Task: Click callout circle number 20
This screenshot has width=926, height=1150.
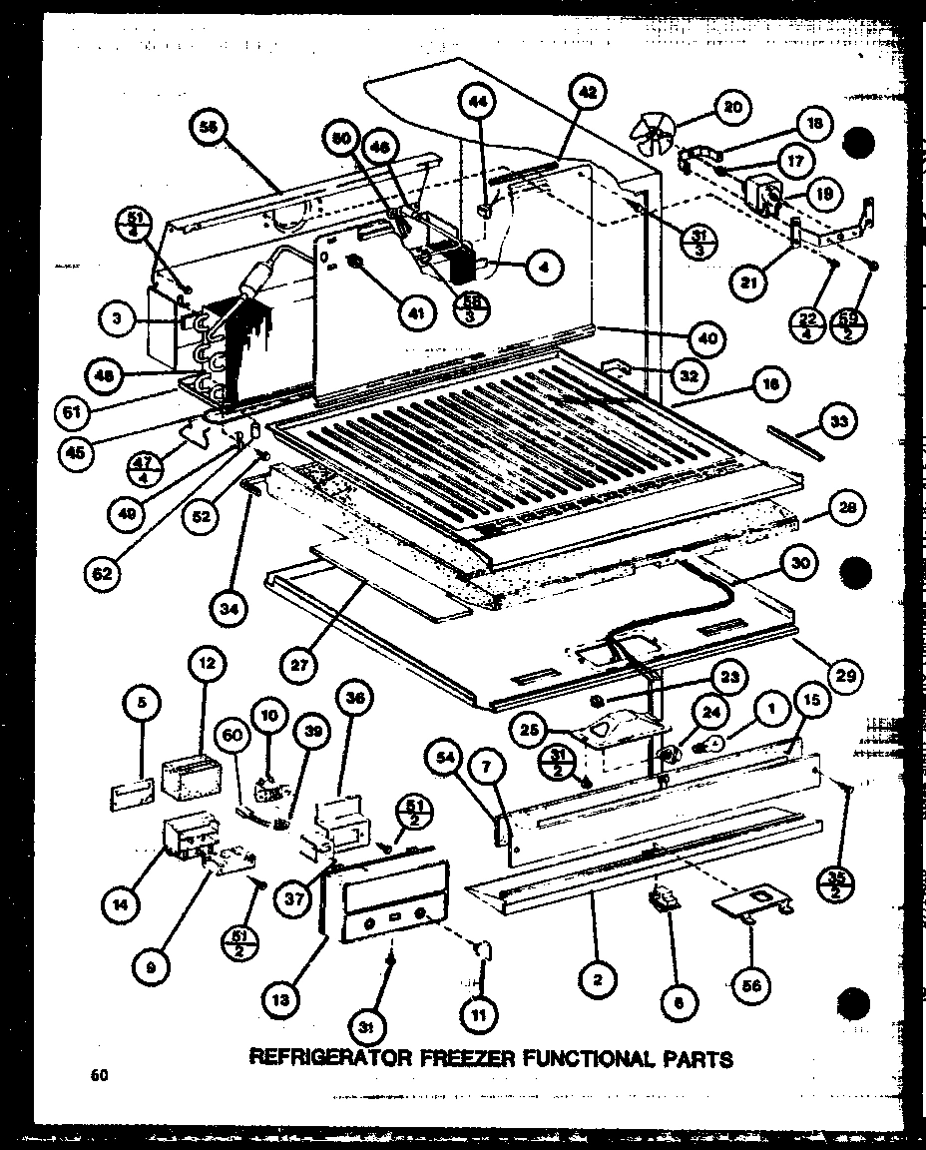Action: [x=733, y=109]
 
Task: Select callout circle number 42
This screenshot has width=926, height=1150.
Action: [x=589, y=94]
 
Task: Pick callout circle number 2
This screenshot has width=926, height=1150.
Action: [x=597, y=981]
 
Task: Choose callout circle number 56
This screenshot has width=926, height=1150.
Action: [x=770, y=981]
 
